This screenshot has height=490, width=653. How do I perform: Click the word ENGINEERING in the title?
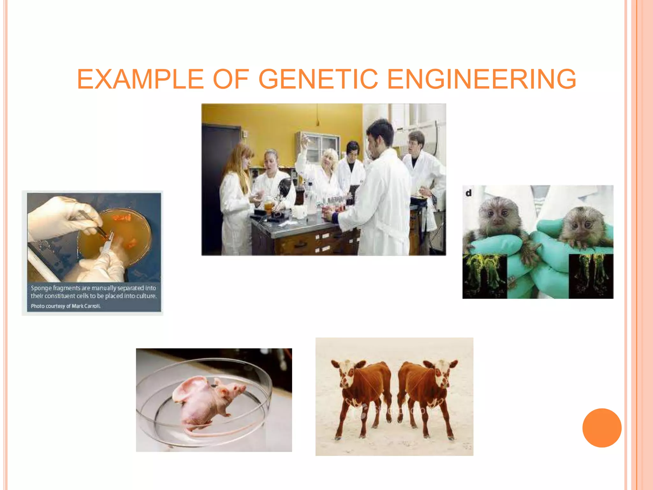point(481,79)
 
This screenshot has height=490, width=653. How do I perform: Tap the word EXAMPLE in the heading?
point(140,79)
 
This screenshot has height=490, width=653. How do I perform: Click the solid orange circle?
point(602,428)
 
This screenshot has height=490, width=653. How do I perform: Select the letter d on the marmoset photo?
point(468,193)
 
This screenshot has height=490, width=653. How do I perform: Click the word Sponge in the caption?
point(41,288)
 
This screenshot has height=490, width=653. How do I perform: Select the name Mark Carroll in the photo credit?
point(86,306)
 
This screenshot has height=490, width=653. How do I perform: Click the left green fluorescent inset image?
point(485,276)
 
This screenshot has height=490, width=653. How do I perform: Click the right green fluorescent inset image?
point(591,276)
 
